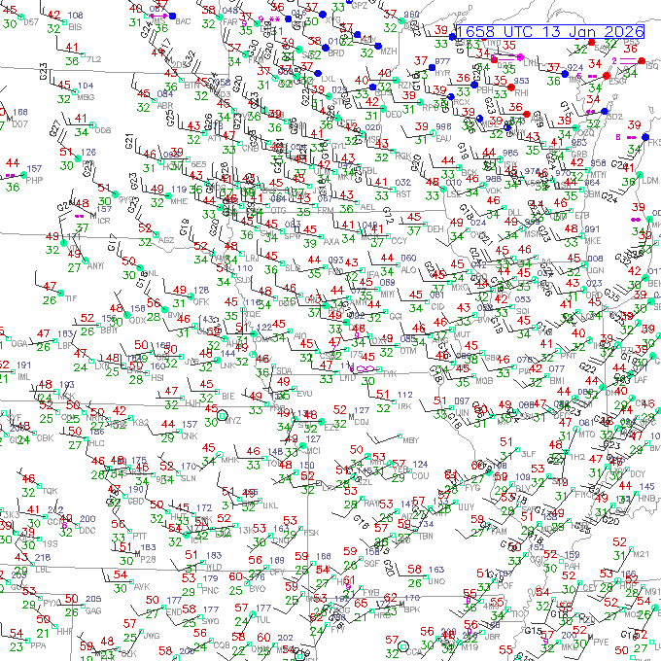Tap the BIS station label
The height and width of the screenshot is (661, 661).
74,28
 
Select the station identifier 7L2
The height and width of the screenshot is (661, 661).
94,60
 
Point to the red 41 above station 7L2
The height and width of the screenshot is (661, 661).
72,47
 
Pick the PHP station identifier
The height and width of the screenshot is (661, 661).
34,180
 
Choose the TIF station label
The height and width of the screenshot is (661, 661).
70,297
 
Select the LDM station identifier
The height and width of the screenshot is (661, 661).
650,180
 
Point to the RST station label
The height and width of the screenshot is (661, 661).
403,194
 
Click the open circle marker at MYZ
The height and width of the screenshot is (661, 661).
223,416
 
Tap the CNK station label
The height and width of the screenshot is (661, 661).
189,436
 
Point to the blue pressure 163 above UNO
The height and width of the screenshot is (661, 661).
435,571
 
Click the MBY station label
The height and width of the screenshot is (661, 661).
410,440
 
